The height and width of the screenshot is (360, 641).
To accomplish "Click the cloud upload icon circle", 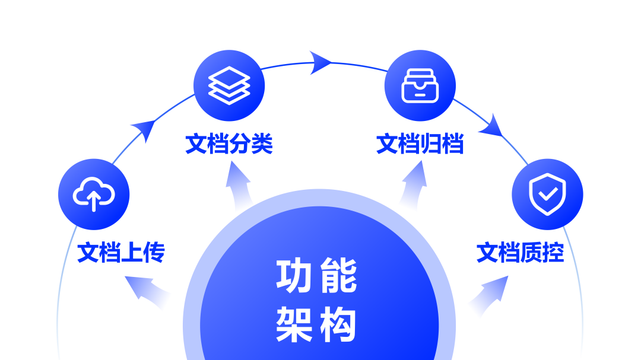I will [94, 194].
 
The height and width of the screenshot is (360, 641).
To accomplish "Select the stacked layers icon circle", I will [229, 85].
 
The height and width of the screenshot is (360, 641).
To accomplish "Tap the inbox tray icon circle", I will [420, 85].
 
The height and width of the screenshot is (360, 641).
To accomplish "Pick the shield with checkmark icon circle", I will [547, 194].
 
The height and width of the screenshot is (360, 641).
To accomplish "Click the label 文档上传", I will [120, 253].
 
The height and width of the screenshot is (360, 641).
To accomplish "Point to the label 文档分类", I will [229, 144].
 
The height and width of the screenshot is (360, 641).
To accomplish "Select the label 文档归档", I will [420, 144].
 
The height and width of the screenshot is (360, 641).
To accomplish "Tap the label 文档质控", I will [521, 253].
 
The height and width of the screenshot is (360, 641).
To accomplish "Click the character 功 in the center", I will [295, 276].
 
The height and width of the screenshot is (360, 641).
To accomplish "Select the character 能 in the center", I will [338, 276].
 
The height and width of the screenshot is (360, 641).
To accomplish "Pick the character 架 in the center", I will [295, 324].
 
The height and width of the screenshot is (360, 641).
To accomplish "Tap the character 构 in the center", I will [338, 324].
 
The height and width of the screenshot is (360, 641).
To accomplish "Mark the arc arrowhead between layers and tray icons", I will [320, 62].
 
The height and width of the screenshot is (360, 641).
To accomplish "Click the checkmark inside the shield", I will [548, 193].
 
